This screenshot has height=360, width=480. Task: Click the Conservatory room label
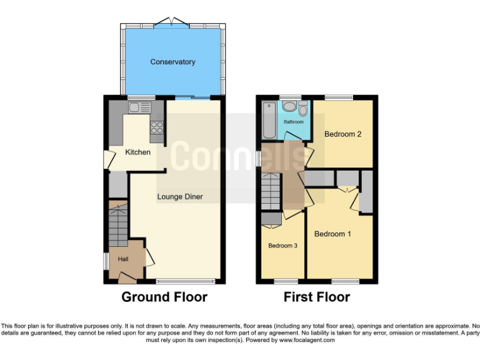click(x=172, y=62)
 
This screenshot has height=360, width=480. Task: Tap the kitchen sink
click(x=140, y=108)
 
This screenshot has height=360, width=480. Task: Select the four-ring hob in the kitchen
click(x=156, y=127)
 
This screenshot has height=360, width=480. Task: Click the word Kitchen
click(x=137, y=152)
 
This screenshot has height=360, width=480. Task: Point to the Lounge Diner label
click(x=180, y=197)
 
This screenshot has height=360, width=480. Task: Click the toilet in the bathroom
click(x=303, y=111)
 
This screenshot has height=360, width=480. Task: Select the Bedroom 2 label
click(x=342, y=134)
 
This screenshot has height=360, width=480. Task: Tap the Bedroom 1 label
click(x=332, y=234)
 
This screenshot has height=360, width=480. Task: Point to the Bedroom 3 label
click(x=282, y=246)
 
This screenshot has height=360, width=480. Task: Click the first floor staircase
click(x=271, y=191)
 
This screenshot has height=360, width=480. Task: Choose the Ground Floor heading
click(x=164, y=297)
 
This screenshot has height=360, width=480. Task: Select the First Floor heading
click(x=316, y=297)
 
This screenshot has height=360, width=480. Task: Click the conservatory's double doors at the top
click(x=172, y=22)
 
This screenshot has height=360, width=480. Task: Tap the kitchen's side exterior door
click(x=107, y=159)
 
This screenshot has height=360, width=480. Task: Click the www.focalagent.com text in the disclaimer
click(x=306, y=341)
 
